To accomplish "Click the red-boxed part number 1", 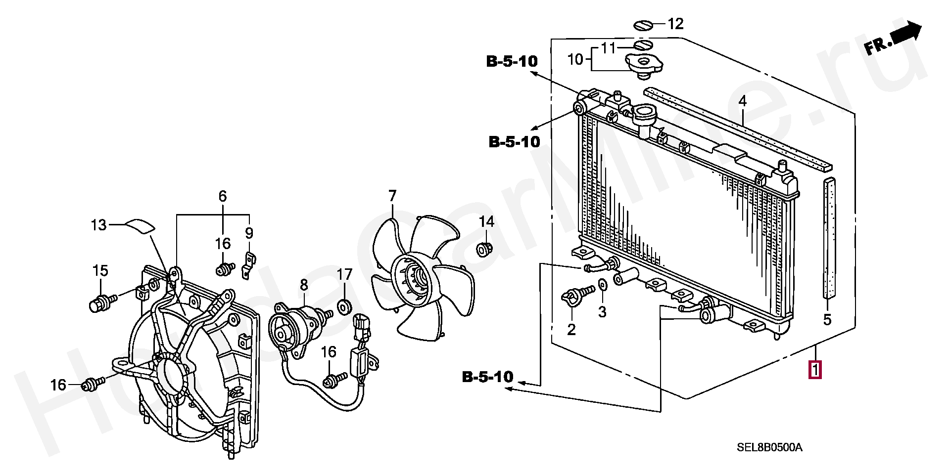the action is pos(815,370).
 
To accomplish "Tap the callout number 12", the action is pos(675,23).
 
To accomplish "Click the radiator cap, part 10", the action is pos(644,65).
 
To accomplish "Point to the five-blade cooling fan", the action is pos(422,278).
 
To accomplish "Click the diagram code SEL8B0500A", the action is pos(769,448).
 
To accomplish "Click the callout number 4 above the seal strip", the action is pos(742,101).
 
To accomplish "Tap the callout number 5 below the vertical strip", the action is pos(827,319).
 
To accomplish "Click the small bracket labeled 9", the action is pos(248,266).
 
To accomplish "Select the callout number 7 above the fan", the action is pos(392,196).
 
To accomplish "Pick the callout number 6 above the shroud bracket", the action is pos(223,196).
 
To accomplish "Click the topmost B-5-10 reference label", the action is pos(512,61).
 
